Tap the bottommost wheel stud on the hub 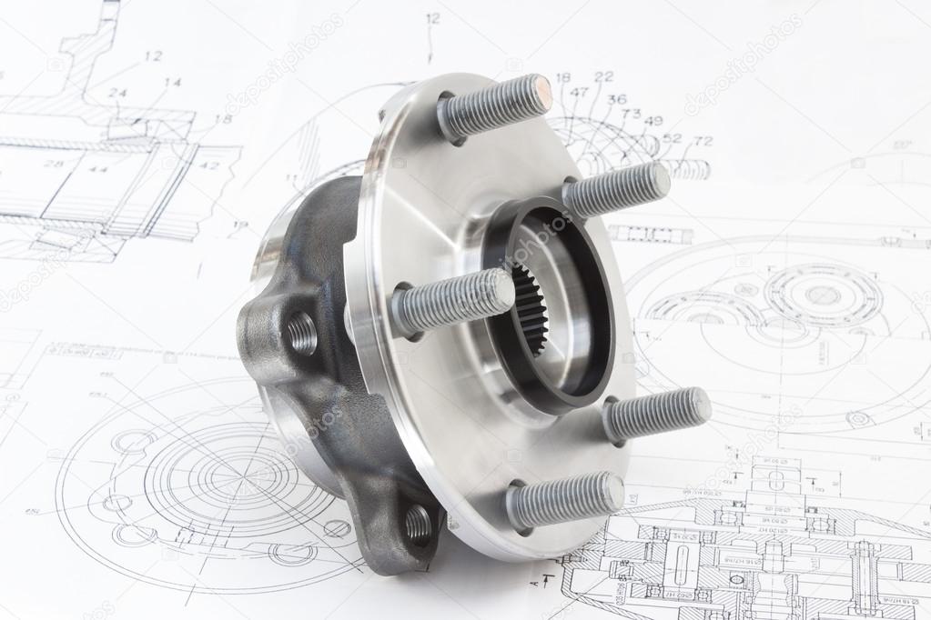pyautogui.click(x=564, y=498)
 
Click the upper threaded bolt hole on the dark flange pyautogui.click(x=302, y=334)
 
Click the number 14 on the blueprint pyautogui.click(x=172, y=82)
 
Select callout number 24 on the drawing pyautogui.click(x=117, y=93)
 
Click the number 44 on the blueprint pyautogui.click(x=98, y=169)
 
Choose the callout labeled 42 pyautogui.click(x=209, y=165)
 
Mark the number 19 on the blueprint pyautogui.click(x=239, y=225)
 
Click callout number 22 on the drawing pyautogui.click(x=604, y=77)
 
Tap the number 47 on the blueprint pyautogui.click(x=579, y=92)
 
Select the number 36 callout pyautogui.click(x=617, y=99)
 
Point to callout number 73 pyautogui.click(x=631, y=114)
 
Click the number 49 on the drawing pyautogui.click(x=653, y=121)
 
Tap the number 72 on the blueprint pyautogui.click(x=703, y=141)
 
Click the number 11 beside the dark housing pyautogui.click(x=291, y=178)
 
